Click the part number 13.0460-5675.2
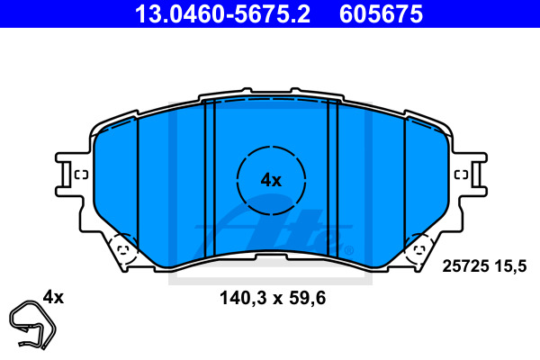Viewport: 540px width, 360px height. [x=222, y=14]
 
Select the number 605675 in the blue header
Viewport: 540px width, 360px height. [x=381, y=14]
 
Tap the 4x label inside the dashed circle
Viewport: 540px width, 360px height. [x=271, y=180]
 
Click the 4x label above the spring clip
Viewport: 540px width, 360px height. [x=53, y=297]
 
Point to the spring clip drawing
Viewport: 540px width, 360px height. [x=32, y=325]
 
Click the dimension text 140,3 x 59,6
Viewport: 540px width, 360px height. [x=273, y=298]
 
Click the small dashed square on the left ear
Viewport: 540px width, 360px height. [x=81, y=175]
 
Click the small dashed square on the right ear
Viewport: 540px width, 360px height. [x=461, y=175]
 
